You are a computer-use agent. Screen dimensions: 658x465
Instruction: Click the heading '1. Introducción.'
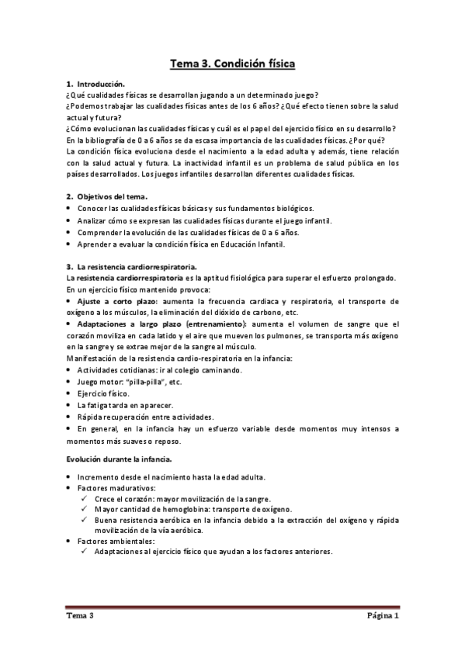pos(95,83)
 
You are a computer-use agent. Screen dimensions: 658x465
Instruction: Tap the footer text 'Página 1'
pos(383,617)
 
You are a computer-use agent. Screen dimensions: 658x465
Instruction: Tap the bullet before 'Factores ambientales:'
pos(69,541)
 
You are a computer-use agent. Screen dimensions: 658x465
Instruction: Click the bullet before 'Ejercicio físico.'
pos(69,394)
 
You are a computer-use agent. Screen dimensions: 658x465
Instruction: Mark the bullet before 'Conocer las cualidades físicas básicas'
pos(69,209)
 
